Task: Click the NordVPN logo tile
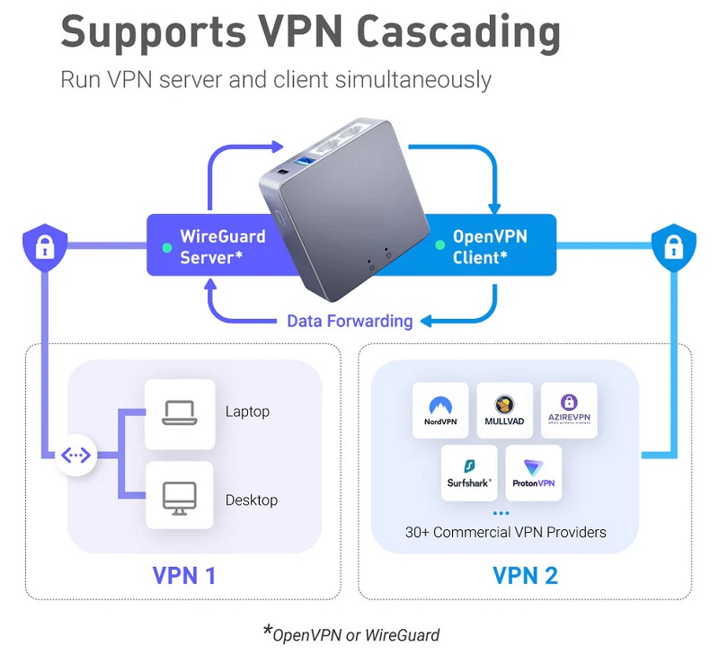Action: tap(440, 410)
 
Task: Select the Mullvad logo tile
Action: tap(505, 410)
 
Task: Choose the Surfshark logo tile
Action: tap(469, 473)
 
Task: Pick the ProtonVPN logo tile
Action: tap(534, 473)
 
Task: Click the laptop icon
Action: tap(180, 413)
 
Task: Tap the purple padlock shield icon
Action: tap(44, 243)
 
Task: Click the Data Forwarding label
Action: tap(350, 321)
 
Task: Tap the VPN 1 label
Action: tap(183, 575)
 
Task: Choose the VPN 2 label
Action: tap(526, 575)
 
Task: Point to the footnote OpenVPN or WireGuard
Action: tap(356, 634)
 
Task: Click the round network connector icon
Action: tap(75, 456)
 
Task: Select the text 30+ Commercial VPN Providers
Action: tap(505, 532)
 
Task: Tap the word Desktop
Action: tap(252, 500)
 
